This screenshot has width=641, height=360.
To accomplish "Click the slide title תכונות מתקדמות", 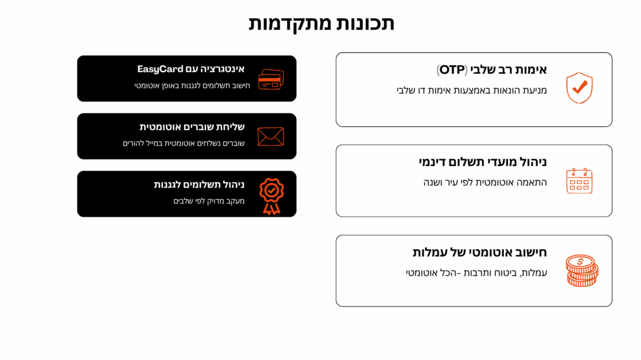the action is [321, 23].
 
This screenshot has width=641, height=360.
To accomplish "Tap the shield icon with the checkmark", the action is [579, 88].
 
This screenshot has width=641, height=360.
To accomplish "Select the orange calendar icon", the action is [579, 180].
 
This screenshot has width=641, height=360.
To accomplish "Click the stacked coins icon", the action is [582, 270].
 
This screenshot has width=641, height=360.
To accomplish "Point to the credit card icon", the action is [271, 80].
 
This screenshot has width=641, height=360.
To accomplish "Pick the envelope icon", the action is [270, 136].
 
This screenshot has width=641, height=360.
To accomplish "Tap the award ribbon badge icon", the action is [272, 196].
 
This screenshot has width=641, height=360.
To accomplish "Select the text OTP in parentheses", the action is [452, 70].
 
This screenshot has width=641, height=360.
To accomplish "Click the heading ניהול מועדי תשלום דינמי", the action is [483, 162].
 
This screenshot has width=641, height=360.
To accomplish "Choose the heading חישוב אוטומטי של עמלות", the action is [479, 252].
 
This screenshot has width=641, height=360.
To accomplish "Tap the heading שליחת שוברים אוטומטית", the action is [192, 127].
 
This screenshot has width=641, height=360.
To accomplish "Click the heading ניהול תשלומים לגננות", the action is [199, 185].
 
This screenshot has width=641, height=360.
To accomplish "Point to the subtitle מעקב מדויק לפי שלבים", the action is [209, 201].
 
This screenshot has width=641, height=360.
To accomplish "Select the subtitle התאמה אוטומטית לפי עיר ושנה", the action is [485, 182].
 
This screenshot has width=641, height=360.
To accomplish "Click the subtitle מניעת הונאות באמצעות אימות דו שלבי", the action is [472, 90].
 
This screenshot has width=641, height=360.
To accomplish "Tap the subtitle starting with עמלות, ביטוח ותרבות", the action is [476, 273].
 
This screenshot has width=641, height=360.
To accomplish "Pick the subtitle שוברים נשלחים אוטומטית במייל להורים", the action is [183, 143].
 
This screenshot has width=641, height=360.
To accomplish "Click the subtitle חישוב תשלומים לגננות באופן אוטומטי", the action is [192, 86].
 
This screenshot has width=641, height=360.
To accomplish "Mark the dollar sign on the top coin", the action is [580, 262].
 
